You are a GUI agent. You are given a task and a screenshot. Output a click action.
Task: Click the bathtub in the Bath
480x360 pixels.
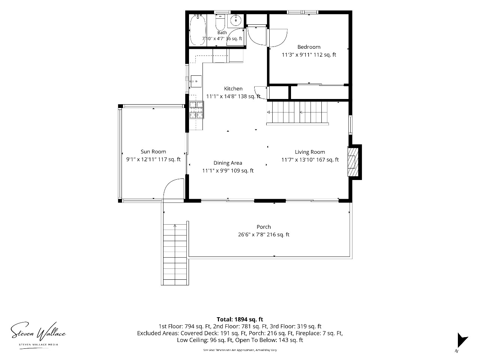coord(198,30)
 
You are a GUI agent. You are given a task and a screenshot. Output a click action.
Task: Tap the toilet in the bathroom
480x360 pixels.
coord(220,22)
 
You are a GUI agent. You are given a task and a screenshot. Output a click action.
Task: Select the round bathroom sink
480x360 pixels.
coord(236,21)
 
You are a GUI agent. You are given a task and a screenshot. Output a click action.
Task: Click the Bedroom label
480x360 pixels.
coord(309,47)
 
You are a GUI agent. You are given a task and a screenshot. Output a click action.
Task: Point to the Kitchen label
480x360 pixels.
coord(233,88)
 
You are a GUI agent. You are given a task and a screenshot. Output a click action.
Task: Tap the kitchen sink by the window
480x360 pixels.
coord(196,81)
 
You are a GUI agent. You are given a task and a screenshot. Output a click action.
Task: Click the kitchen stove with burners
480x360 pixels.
coord(196,110)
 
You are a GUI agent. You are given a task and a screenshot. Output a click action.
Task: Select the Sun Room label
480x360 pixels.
coord(153,151)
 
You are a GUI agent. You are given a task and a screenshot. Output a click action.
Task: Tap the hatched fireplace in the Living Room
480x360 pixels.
coord(353,162)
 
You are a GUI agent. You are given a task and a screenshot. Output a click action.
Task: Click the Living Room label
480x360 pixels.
coord(310,152)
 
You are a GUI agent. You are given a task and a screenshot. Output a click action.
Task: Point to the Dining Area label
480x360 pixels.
coord(228,163)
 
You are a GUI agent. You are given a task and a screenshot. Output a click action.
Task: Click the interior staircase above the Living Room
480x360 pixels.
coord(297,112)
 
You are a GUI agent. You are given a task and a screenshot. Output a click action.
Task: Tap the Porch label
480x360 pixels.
coord(264,227)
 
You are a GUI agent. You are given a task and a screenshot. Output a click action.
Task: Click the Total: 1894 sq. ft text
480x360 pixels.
coord(240,319)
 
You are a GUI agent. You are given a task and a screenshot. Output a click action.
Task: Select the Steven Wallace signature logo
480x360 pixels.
coord(38,334)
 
